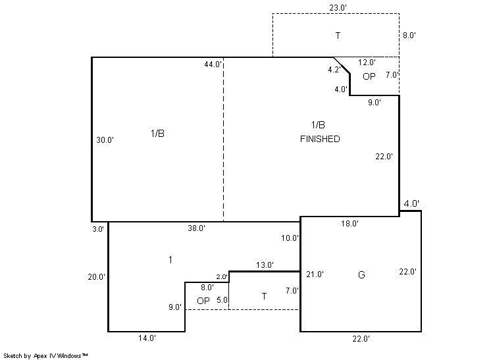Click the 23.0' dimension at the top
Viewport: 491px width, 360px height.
338,8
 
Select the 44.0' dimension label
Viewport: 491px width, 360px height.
213,64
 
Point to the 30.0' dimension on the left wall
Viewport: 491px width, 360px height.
105,140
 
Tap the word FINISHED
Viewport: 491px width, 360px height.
320,139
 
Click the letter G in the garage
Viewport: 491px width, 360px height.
361,275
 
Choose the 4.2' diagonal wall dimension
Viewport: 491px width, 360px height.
334,70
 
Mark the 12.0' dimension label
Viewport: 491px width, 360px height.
367,63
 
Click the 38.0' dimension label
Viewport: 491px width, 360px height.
197,228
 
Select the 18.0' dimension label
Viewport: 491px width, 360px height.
349,224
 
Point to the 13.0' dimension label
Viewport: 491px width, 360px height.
265,265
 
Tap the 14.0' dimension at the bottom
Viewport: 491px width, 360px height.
147,338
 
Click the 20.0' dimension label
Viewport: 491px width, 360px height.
97,276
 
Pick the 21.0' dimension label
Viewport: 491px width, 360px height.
315,274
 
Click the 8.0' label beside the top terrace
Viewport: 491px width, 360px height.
409,36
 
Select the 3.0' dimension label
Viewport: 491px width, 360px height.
98,229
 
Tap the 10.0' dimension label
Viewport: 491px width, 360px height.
290,238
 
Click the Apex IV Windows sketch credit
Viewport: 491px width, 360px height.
45,355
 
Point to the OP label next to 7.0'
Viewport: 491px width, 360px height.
369,76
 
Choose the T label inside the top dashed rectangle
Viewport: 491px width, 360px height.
338,36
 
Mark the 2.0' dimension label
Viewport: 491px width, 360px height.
222,276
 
